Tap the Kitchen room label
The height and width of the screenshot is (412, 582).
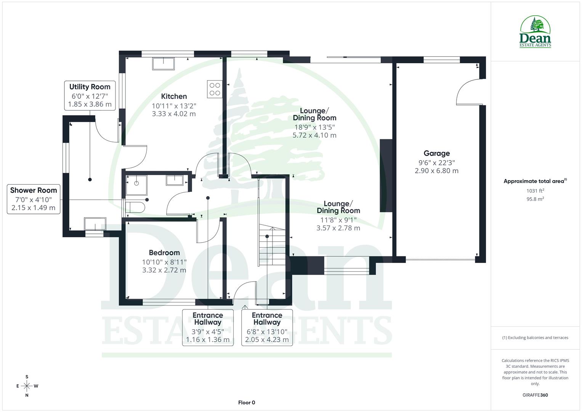(174, 97)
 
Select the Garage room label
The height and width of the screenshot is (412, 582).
(436, 153)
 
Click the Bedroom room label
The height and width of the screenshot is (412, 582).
(164, 253)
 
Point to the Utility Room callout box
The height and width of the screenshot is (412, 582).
(90, 95)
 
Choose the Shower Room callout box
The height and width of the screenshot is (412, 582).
(34, 199)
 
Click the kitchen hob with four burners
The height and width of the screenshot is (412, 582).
(215, 89)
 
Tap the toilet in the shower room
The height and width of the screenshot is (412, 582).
(135, 208)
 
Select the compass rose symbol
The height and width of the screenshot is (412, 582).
(27, 386)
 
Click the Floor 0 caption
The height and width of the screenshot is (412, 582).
(247, 402)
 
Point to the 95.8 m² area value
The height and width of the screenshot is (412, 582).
(535, 199)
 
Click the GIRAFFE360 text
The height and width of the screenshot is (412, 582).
(535, 395)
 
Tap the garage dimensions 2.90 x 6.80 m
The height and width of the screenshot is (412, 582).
(436, 171)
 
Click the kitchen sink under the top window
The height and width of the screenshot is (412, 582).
(163, 64)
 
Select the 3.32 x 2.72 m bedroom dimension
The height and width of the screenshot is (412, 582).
(164, 270)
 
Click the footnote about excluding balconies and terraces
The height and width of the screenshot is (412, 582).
(535, 338)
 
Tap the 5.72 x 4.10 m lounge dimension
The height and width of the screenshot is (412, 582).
(314, 135)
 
